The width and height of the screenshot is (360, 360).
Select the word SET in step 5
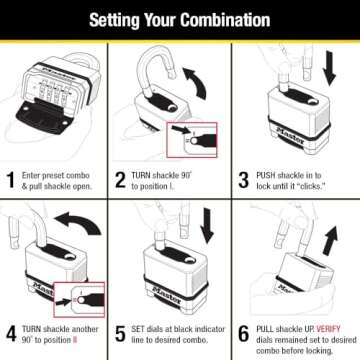(141, 326)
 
